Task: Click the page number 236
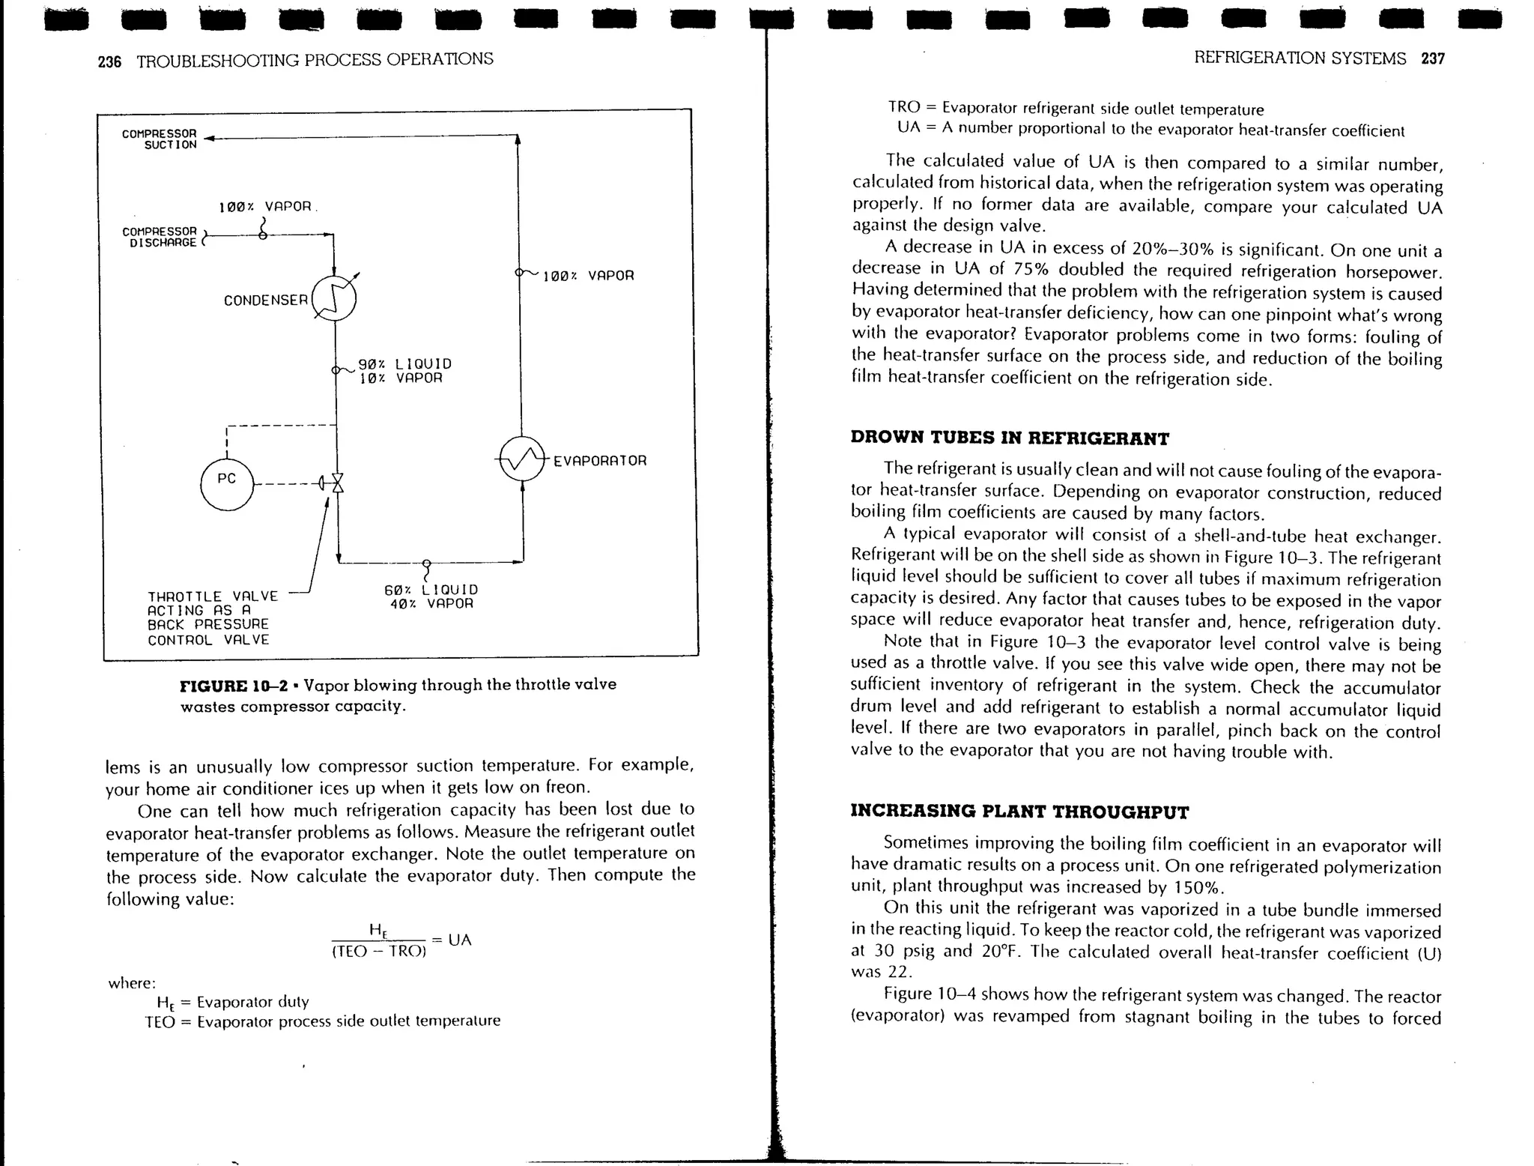pyautogui.click(x=109, y=61)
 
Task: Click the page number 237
pyautogui.click(x=1433, y=58)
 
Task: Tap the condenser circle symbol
pyautogui.click(x=334, y=298)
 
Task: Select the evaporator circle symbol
pyautogui.click(x=522, y=459)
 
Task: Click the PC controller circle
pyautogui.click(x=227, y=484)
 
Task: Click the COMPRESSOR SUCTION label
pyautogui.click(x=160, y=139)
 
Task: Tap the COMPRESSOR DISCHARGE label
pyautogui.click(x=160, y=237)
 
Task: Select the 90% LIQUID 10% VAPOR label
pyautogui.click(x=404, y=371)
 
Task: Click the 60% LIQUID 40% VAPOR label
pyautogui.click(x=431, y=596)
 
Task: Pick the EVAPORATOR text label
pyautogui.click(x=600, y=461)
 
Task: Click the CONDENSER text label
pyautogui.click(x=266, y=300)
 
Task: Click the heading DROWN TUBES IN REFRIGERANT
pyautogui.click(x=1010, y=438)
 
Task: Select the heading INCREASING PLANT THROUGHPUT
pyautogui.click(x=1019, y=812)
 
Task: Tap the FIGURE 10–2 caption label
pyautogui.click(x=234, y=686)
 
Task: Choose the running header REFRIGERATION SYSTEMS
pyautogui.click(x=1300, y=58)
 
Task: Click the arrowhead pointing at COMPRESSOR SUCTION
pyautogui.click(x=209, y=138)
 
